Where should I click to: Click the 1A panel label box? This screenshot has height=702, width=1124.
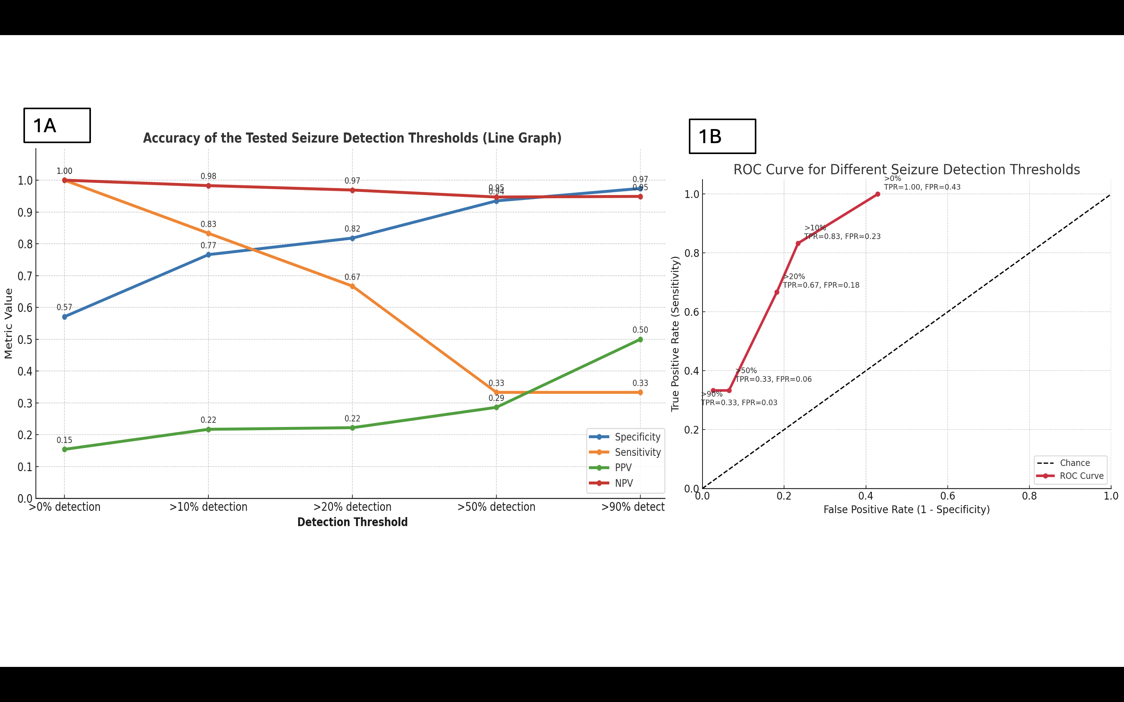point(57,125)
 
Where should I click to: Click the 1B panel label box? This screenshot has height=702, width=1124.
point(722,136)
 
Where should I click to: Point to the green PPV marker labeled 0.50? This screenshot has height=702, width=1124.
point(640,339)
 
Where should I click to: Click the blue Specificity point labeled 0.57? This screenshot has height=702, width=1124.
point(64,317)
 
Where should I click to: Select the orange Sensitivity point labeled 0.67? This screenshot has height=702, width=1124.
point(352,287)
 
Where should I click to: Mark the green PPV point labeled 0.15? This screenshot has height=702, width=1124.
point(64,449)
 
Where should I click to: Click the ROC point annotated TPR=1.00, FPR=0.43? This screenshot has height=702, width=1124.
point(877,194)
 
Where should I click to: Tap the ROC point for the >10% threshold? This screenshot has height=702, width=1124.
point(798,243)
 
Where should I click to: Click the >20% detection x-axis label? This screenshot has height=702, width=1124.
point(352,507)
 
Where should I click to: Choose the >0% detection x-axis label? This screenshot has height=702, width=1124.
point(64,507)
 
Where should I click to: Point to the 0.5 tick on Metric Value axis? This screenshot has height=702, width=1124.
point(25,339)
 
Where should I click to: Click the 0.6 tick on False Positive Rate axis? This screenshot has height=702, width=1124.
point(948,496)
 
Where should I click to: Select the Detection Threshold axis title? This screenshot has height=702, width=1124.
point(352,522)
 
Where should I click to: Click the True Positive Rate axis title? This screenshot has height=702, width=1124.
point(675,333)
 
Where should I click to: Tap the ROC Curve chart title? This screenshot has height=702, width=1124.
point(906,170)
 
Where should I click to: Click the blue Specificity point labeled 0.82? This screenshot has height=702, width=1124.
point(352,238)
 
